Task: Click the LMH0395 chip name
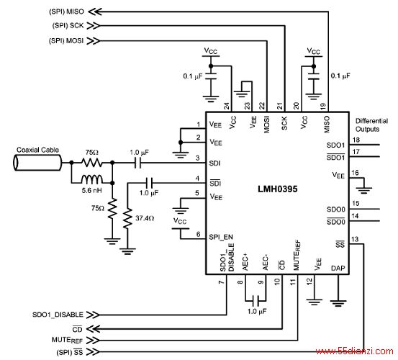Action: click(277, 189)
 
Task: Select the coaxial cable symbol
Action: click(37, 163)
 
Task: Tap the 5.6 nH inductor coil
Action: click(92, 179)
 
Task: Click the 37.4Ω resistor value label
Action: click(145, 218)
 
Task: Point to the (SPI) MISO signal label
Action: click(66, 12)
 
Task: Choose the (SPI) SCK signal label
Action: click(68, 26)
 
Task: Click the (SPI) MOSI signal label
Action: click(66, 40)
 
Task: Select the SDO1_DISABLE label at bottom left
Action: click(58, 315)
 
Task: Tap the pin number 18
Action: click(356, 140)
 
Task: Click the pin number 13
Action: click(355, 239)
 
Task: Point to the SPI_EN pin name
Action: click(221, 237)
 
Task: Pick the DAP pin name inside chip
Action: click(338, 268)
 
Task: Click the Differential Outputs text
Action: click(371, 125)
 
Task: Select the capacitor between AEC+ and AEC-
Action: click(256, 300)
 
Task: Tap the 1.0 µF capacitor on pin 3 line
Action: click(138, 163)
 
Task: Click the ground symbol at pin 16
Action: click(364, 190)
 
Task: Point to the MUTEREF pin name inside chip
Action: click(297, 255)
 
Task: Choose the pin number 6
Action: click(198, 234)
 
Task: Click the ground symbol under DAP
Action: click(338, 303)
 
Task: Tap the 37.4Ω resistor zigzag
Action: click(127, 218)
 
